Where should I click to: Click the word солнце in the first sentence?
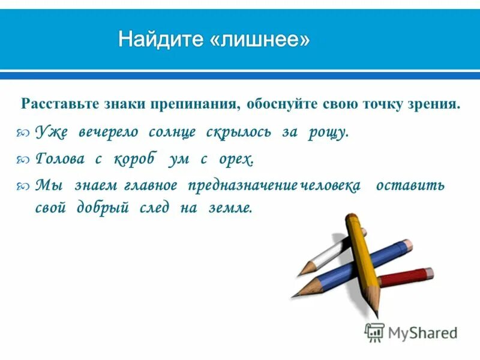pyautogui.click(x=172, y=133)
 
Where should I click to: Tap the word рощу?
pyautogui.click(x=328, y=133)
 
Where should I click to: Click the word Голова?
pyautogui.click(x=58, y=159)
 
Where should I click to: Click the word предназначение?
pyautogui.click(x=242, y=185)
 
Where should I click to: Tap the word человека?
pyautogui.click(x=331, y=185)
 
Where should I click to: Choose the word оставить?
pyautogui.click(x=410, y=185)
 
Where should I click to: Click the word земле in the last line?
pyautogui.click(x=230, y=208)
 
